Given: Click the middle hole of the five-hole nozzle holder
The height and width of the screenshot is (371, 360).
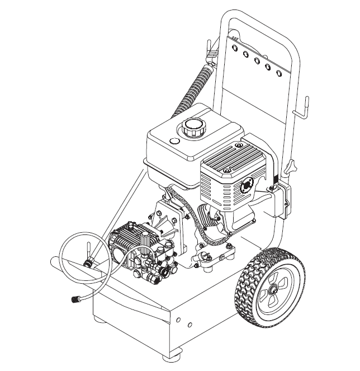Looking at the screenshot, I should click(257, 60).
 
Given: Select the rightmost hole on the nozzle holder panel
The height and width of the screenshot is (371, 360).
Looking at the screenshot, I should click(277, 71).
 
